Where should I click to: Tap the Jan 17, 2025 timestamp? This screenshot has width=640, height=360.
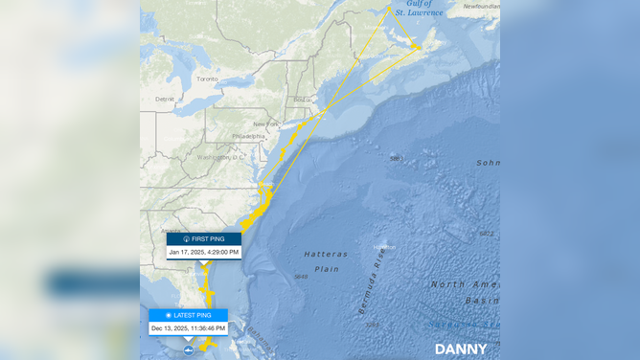203,252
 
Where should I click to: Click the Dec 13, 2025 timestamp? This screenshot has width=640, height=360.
189,328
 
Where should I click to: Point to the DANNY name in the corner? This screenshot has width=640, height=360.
461,349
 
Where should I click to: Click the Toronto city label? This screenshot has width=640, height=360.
207,79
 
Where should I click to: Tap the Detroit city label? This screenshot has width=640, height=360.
166,99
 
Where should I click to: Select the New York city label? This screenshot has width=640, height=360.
265,124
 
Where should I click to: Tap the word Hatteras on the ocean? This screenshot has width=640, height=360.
326,254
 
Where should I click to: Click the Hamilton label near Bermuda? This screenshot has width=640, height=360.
384,247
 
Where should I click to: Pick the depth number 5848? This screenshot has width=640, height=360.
301,277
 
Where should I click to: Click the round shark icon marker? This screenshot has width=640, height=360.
189,350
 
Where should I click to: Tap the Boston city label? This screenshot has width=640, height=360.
302,99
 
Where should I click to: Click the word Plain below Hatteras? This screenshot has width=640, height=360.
328,269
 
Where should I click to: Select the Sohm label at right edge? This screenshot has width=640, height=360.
488,163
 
